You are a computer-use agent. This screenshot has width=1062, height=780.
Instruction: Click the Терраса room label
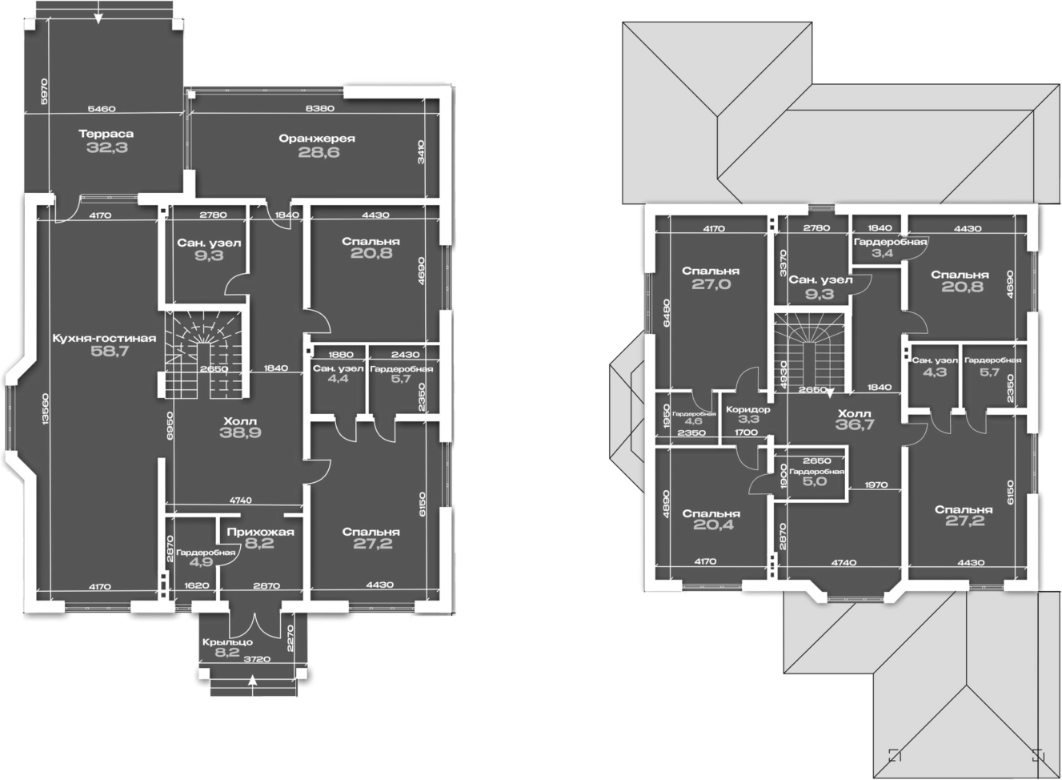[x=106, y=134]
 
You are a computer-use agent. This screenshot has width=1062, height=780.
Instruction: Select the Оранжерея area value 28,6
[x=319, y=152]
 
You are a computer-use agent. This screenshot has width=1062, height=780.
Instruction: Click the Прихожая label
[x=260, y=532]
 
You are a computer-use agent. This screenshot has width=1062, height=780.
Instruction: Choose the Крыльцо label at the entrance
[x=227, y=642]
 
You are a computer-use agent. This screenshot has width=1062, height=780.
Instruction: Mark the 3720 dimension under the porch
[x=256, y=659]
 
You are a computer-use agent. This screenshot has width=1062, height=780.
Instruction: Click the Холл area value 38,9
[x=241, y=432]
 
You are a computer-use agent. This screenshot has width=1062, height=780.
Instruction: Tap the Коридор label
[x=748, y=410]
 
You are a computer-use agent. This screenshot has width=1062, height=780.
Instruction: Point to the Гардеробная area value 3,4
[x=882, y=254]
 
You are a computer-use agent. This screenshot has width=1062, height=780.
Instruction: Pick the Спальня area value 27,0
[x=710, y=283]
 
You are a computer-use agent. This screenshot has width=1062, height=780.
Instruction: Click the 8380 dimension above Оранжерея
[x=319, y=107]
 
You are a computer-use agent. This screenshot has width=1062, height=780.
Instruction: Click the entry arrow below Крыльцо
[x=253, y=681]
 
